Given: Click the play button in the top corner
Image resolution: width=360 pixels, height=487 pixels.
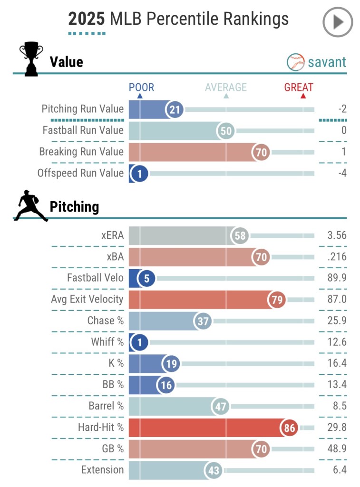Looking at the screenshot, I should coord(338,22).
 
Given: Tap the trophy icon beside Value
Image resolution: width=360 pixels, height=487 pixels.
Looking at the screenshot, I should coord(31,59).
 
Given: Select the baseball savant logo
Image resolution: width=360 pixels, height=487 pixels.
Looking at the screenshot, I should coord(316,62).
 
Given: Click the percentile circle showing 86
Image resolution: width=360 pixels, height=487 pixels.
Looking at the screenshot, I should coord(289,428).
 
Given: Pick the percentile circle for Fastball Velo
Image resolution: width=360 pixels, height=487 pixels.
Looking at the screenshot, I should coord(146,278).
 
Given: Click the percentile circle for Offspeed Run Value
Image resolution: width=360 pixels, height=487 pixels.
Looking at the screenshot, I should coord(139,174).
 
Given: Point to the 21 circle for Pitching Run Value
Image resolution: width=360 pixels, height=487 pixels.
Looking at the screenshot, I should coord(175,110).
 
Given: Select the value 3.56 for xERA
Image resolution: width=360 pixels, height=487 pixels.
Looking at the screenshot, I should coord(337,235).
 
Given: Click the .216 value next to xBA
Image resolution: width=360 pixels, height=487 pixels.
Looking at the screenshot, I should coord(337,257).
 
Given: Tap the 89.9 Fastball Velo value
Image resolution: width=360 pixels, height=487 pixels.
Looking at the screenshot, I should coord(337,278).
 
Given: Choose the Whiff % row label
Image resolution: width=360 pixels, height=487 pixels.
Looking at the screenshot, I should coord(107,342).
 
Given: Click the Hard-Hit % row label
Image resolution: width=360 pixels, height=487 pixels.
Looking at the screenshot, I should coord(100,428).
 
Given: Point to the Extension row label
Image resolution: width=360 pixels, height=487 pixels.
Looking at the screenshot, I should coord(102,470).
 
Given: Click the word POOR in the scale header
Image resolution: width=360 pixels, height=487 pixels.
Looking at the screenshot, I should coord(141,88).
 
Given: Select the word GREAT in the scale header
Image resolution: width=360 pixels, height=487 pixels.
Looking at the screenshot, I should coord(299,88).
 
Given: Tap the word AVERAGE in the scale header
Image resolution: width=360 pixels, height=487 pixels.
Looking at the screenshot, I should coord(226,88).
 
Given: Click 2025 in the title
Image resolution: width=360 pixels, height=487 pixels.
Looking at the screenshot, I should coord(87,19).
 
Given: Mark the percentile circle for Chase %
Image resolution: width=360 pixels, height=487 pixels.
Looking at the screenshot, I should coord(203,321).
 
